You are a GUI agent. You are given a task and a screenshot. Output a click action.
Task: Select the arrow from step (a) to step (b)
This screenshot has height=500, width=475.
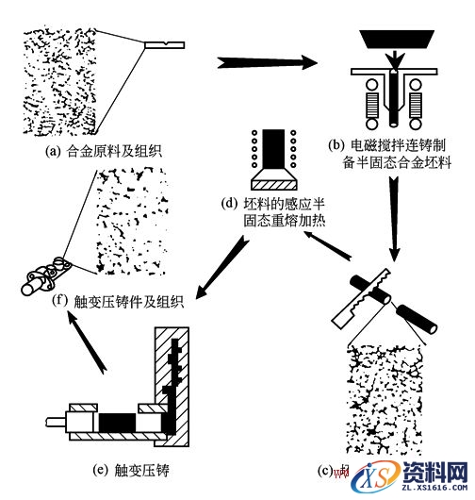point(264,63)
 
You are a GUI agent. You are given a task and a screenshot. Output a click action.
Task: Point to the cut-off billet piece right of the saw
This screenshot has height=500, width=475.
point(418,321)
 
